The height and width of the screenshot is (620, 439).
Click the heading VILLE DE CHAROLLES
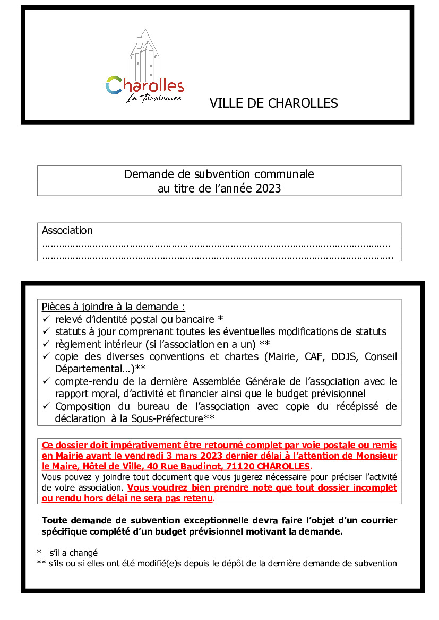point(273,103)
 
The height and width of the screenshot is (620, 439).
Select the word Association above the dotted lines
point(67,230)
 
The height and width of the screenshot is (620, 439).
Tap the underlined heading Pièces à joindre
point(113,307)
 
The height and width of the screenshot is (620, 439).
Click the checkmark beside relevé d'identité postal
point(46,319)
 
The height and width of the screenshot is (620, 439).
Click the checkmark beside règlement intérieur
point(46,344)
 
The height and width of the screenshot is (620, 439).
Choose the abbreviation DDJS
point(345,356)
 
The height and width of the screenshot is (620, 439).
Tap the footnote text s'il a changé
point(74,552)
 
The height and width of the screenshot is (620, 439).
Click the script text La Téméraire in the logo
point(154,98)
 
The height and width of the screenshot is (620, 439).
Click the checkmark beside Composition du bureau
point(46,407)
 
